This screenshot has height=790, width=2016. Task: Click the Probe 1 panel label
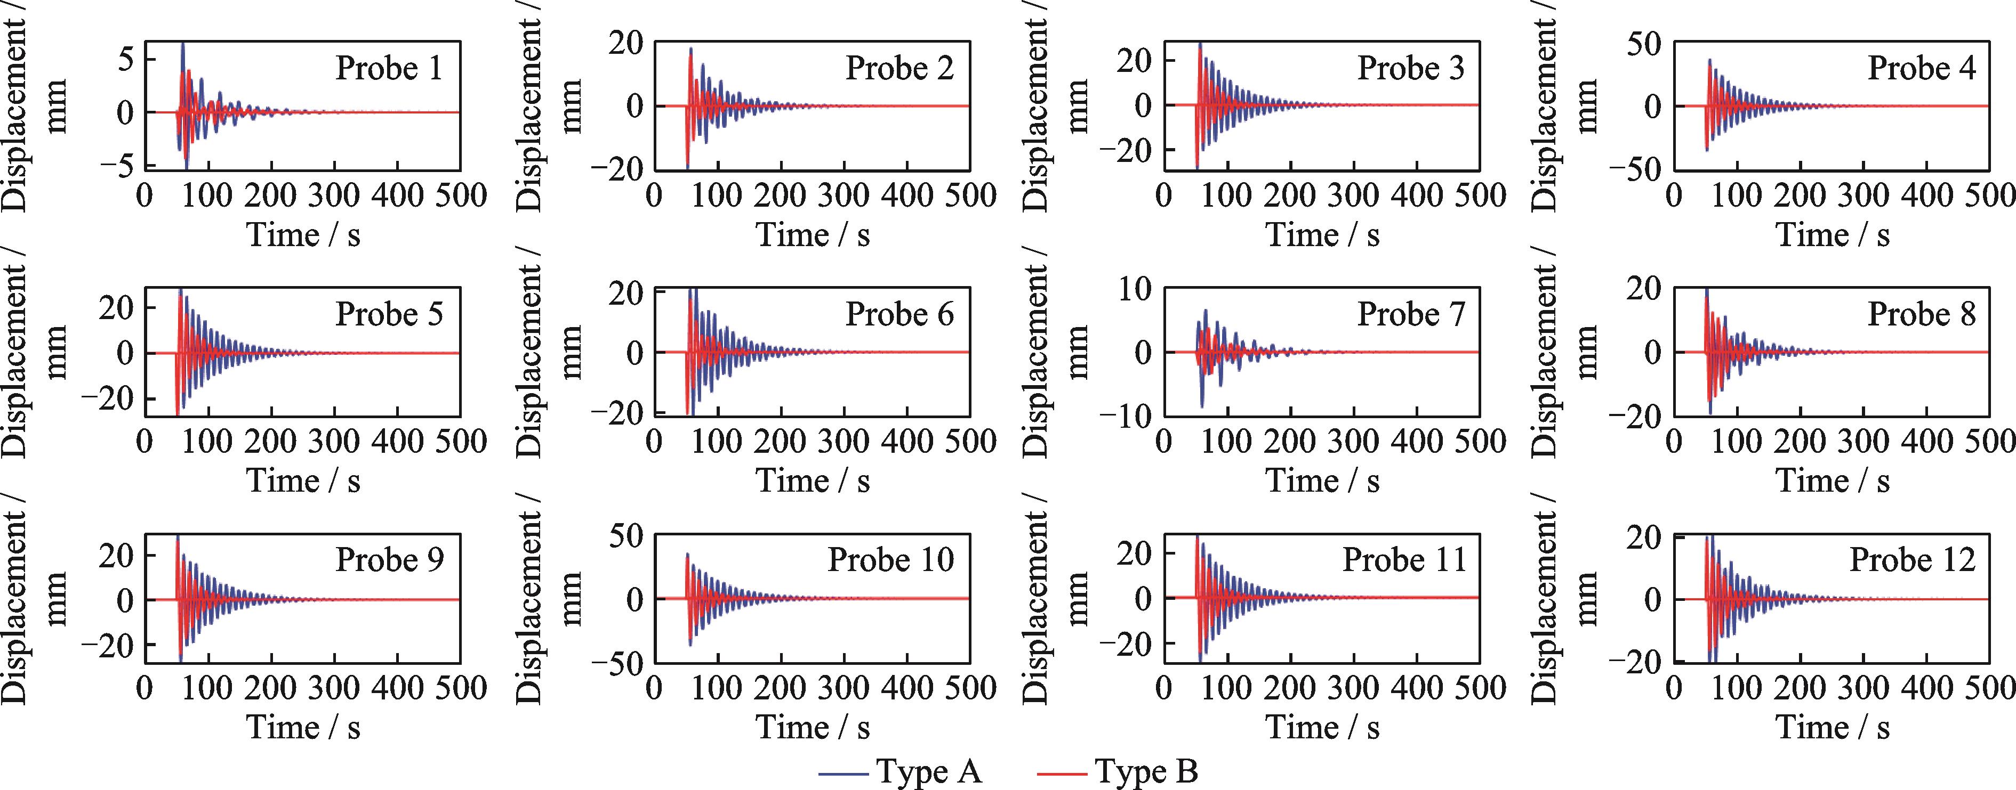click(389, 68)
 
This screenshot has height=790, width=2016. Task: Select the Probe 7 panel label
click(1410, 314)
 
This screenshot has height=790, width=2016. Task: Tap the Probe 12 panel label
click(1912, 560)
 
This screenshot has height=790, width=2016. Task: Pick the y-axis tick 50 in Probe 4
click(1643, 43)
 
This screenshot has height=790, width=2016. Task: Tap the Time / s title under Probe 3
click(1323, 234)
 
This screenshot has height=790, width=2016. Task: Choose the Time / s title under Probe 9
click(303, 728)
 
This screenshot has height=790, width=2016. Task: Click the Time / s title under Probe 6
click(813, 481)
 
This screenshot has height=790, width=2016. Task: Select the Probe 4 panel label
click(1921, 68)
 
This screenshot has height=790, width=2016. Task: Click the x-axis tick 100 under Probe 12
click(1736, 688)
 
